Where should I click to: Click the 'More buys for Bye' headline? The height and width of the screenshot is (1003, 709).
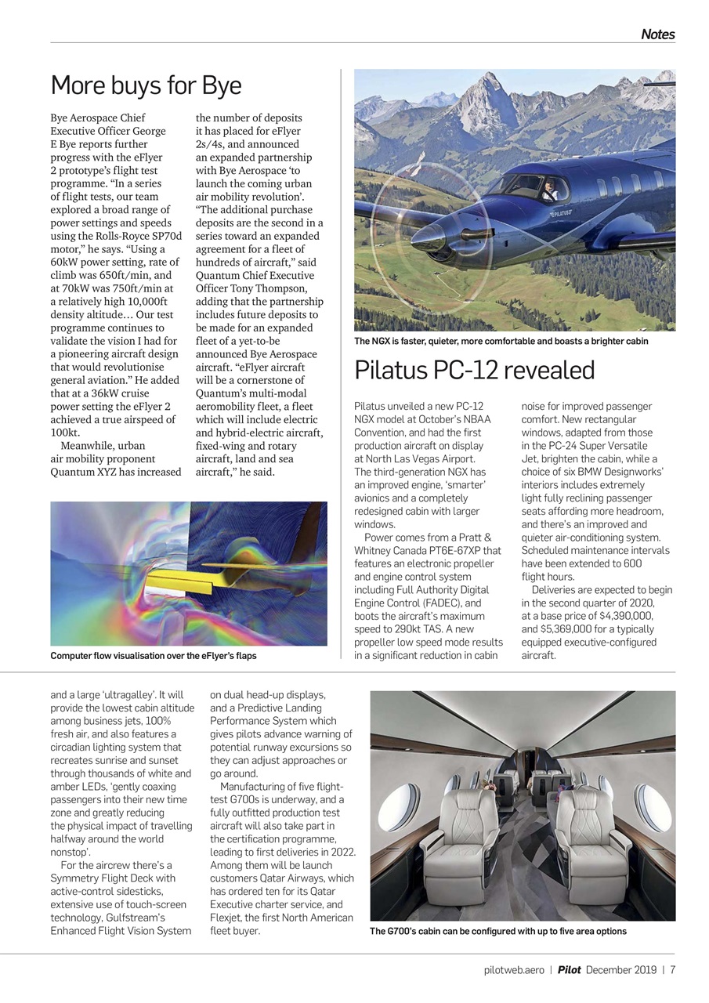pyautogui.click(x=146, y=85)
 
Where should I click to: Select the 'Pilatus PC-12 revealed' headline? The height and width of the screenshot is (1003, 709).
pyautogui.click(x=475, y=370)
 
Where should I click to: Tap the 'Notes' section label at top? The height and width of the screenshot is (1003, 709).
pyautogui.click(x=657, y=34)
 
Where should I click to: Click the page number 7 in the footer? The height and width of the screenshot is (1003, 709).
pyautogui.click(x=672, y=970)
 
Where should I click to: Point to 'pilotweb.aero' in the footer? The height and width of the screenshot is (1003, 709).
pyautogui.click(x=513, y=970)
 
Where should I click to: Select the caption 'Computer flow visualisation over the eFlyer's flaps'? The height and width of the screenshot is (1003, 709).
pyautogui.click(x=154, y=655)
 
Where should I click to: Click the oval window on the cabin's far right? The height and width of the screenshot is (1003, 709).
pyautogui.click(x=652, y=807)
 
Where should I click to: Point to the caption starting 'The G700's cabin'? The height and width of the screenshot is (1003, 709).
pyautogui.click(x=497, y=931)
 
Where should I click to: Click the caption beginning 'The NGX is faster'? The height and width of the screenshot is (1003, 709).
pyautogui.click(x=501, y=341)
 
